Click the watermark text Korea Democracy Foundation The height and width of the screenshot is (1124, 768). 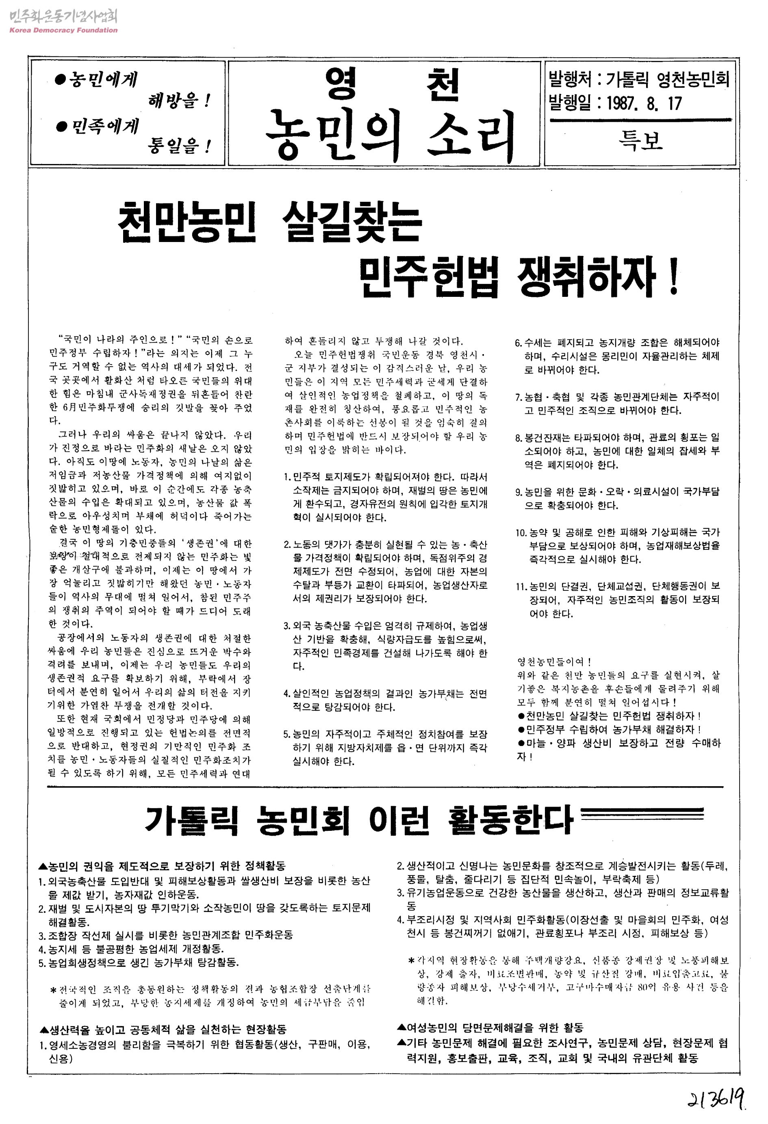(63, 30)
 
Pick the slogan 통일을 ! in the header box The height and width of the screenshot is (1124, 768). (179, 145)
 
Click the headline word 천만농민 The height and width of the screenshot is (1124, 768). (187, 222)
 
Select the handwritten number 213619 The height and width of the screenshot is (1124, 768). (716, 1100)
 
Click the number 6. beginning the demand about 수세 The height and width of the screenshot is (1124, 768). (518, 343)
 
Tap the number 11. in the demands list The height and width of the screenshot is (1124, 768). (521, 587)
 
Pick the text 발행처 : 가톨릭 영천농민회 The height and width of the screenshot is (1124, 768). (638, 79)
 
